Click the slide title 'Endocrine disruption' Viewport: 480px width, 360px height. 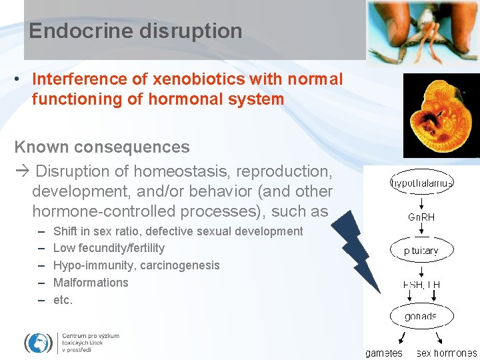[135, 31]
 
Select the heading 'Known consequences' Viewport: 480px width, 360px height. [102, 147]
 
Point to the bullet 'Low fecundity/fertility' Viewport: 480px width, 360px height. [109, 248]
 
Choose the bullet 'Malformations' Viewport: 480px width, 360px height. [91, 283]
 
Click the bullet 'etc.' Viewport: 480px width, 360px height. [63, 300]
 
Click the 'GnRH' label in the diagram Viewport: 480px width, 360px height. [421, 217]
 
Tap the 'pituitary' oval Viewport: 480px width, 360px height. [421, 251]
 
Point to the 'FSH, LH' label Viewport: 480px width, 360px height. [421, 285]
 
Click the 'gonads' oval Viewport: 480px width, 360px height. [421, 317]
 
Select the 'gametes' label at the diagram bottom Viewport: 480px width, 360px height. [383, 353]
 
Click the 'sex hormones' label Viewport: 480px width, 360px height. [447, 353]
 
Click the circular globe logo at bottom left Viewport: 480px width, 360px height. [38, 343]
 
